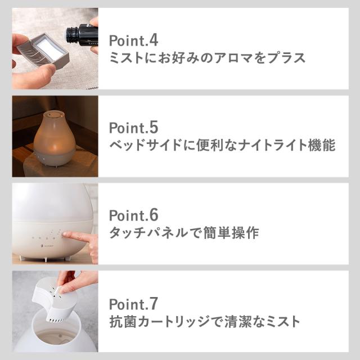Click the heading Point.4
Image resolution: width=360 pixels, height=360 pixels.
pyautogui.click(x=134, y=41)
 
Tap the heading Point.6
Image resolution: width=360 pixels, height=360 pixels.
pyautogui.click(x=134, y=215)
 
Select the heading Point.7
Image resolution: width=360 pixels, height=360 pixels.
pyautogui.click(x=134, y=304)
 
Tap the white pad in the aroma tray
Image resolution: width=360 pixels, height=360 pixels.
pyautogui.click(x=49, y=49)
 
